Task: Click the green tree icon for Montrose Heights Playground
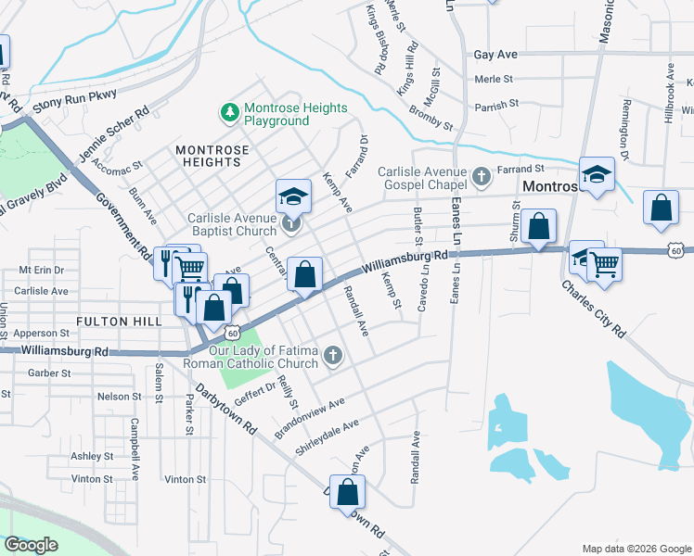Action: [x=229, y=113]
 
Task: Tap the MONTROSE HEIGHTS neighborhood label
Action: [x=212, y=156]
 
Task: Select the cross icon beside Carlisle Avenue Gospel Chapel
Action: [x=481, y=175]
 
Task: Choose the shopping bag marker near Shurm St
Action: [x=538, y=228]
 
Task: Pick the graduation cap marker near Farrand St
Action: [x=597, y=175]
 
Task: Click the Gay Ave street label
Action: [x=495, y=56]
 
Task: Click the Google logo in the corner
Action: [x=31, y=545]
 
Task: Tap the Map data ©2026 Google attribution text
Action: [x=636, y=549]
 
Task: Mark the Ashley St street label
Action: [x=92, y=456]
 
